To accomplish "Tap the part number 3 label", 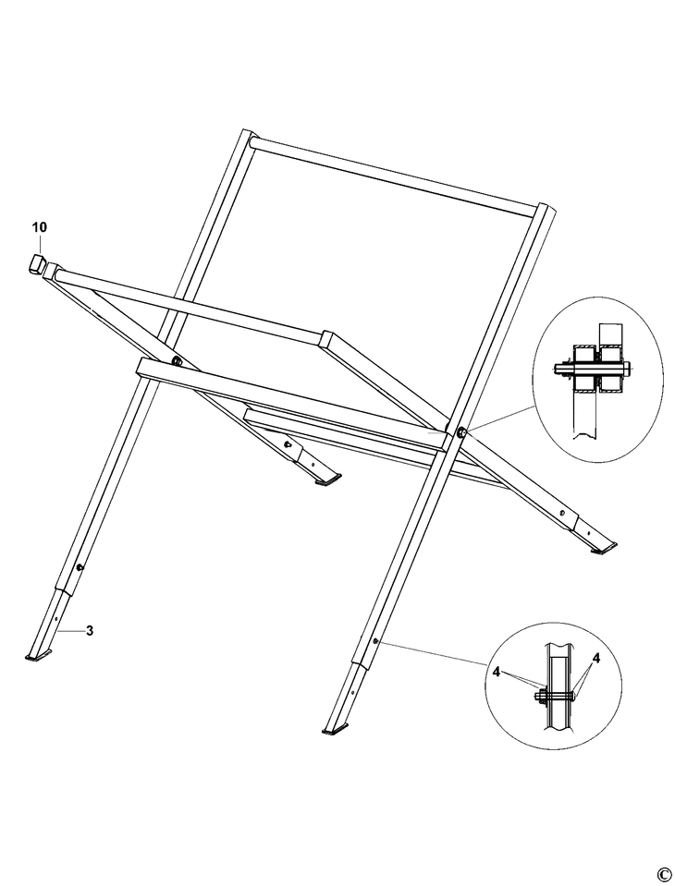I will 89,631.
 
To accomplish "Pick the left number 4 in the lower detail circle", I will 497,673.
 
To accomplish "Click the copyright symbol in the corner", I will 663,874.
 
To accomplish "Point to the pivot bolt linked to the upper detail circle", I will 460,431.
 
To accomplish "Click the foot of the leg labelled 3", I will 38,657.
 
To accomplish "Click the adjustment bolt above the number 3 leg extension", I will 80,566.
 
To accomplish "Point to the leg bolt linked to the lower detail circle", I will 374,639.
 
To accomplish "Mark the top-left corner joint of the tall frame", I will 247,141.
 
